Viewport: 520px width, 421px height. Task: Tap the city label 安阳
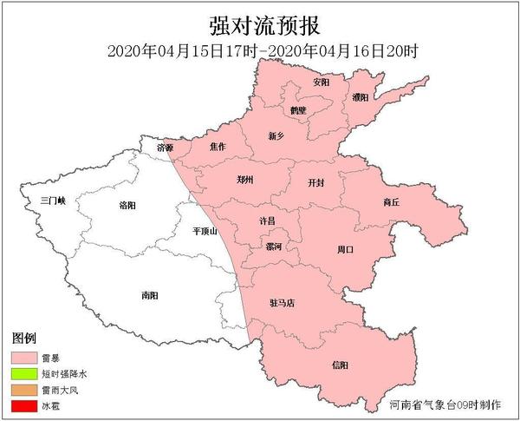coord(321,82)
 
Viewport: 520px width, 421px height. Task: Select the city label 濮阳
coord(361,97)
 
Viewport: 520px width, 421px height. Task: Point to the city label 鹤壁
coord(300,110)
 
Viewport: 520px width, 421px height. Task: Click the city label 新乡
coord(276,135)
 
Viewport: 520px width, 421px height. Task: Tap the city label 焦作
coord(218,147)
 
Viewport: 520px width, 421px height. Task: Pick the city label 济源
coord(165,148)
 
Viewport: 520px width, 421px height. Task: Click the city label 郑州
coord(246,180)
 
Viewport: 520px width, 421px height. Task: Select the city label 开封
coord(317,183)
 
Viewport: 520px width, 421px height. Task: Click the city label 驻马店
coord(283,303)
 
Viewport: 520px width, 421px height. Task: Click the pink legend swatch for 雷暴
coord(31,357)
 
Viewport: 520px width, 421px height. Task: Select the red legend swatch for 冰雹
coord(31,405)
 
